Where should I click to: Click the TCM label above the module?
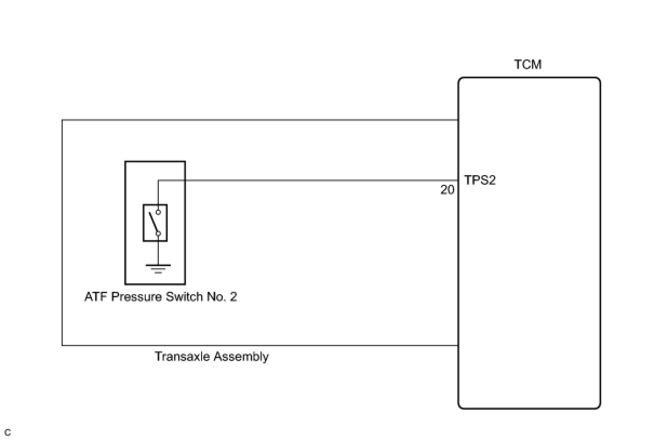528,65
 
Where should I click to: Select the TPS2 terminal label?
480,181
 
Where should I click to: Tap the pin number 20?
448,190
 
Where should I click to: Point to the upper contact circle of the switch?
158,212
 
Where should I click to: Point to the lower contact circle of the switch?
158,234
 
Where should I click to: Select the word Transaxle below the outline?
182,357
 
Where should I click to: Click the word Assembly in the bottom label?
241,357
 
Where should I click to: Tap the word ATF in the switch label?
96,297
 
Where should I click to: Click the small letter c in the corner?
7,432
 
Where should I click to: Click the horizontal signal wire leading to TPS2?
308,181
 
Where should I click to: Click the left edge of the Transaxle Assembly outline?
62,232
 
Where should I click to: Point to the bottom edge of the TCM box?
529,408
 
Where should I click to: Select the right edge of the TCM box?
600,243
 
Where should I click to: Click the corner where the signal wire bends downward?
158,181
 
